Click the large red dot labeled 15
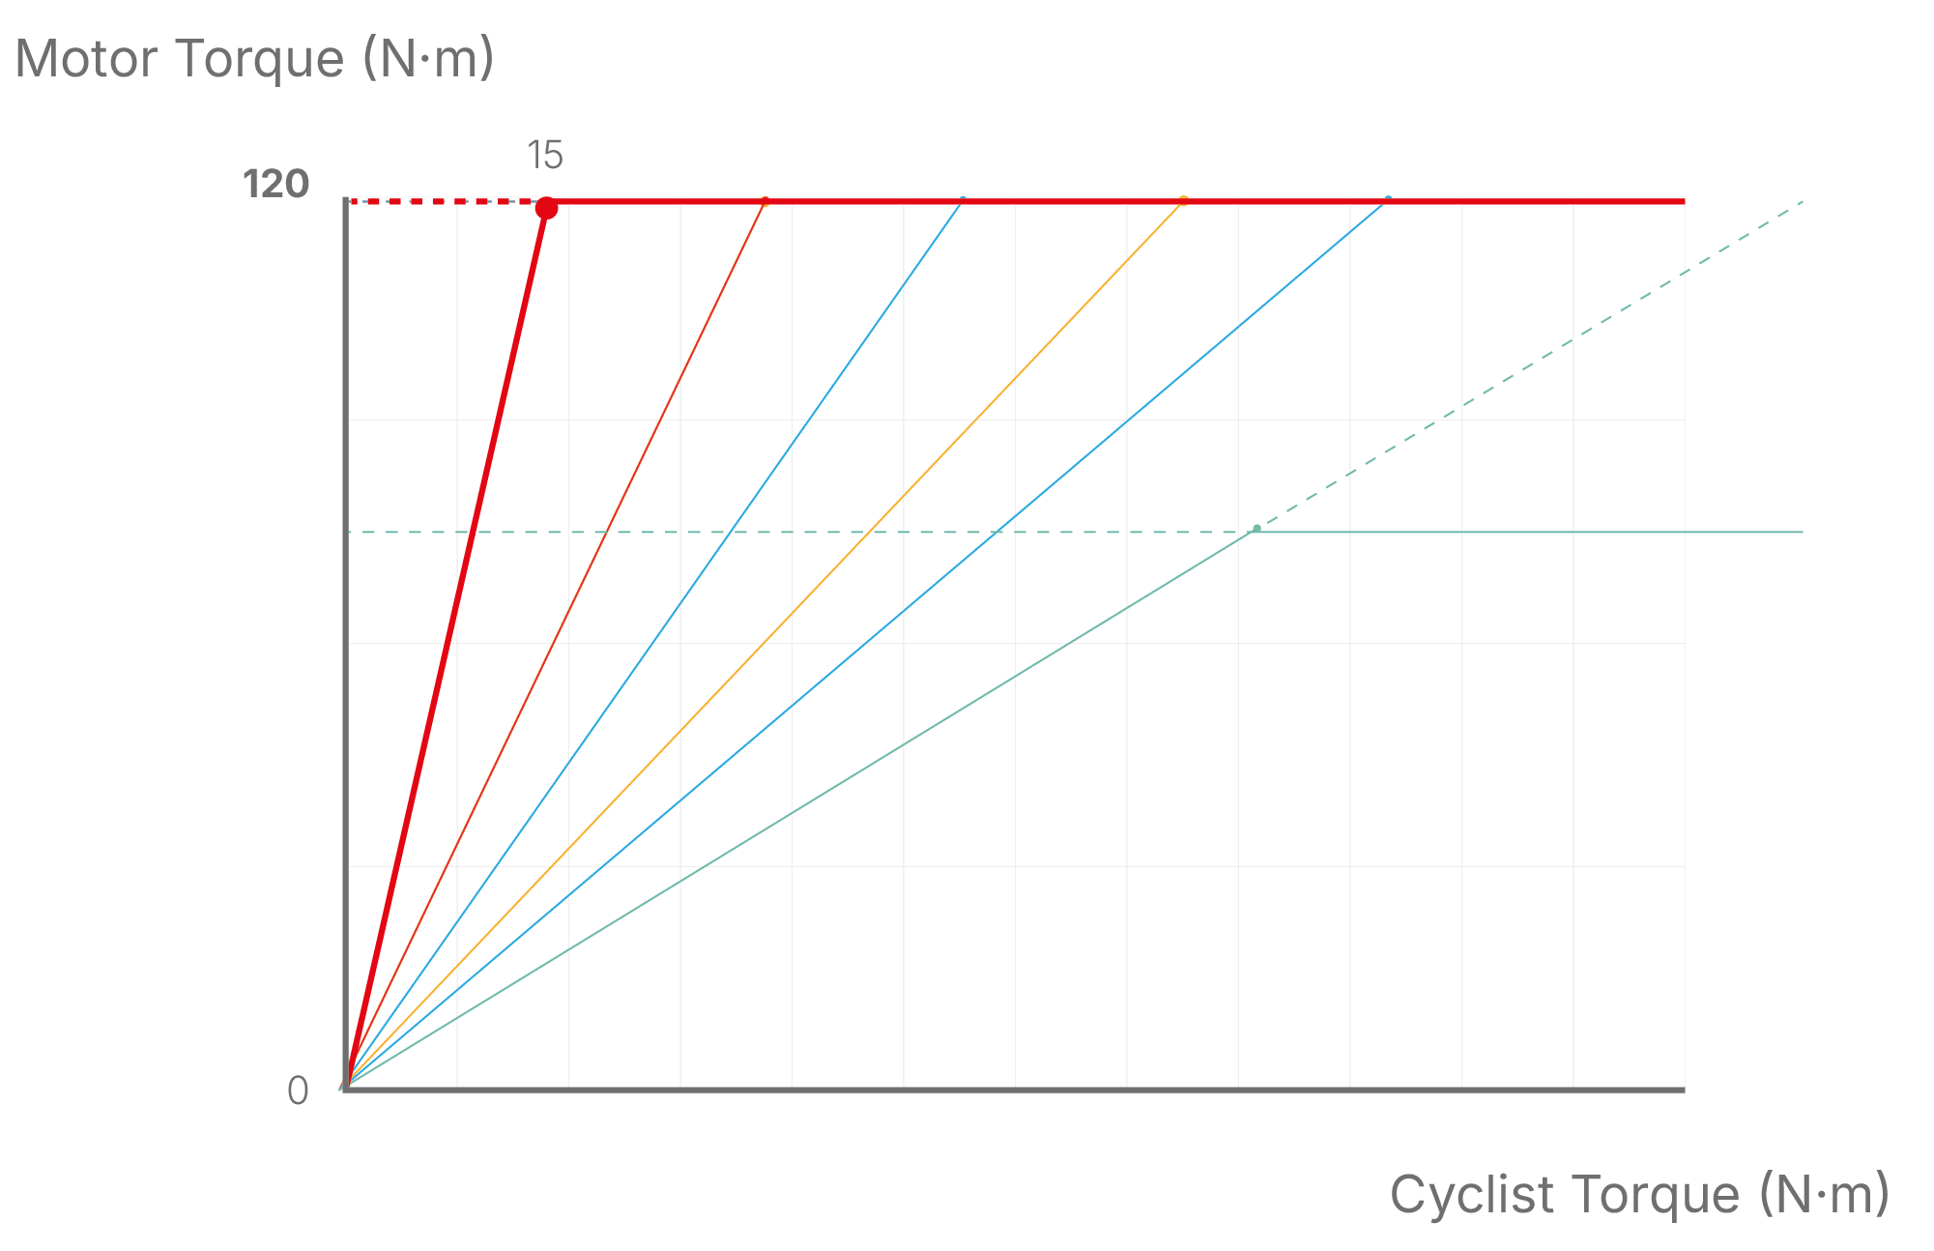click(x=546, y=208)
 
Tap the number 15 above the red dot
click(x=545, y=156)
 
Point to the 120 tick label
click(x=275, y=184)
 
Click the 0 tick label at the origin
click(x=298, y=1091)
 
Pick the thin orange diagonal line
click(x=764, y=643)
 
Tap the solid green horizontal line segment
click(x=1527, y=532)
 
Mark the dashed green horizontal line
click(x=773, y=532)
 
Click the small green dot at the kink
click(x=1256, y=529)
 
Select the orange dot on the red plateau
click(x=1183, y=201)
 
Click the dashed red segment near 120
click(x=445, y=201)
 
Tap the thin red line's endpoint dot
click(x=765, y=201)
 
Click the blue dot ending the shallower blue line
click(x=1389, y=198)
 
